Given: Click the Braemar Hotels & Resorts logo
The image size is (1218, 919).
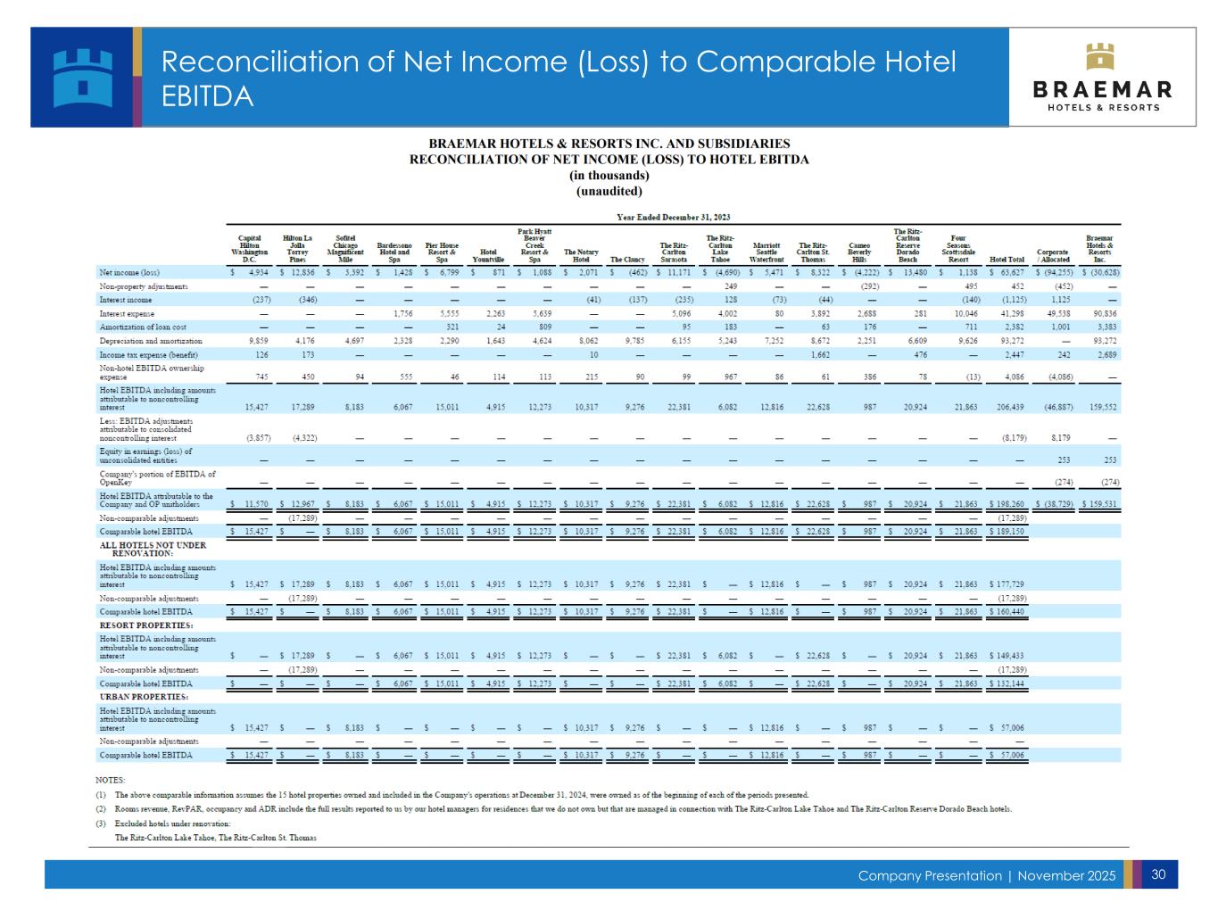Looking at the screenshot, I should coord(1103,78).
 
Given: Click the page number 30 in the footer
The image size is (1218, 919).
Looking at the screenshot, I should coord(1159,874).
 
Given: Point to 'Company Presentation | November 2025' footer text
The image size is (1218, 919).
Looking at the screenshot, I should coord(986,876).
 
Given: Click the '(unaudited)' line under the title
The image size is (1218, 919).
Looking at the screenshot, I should coord(609,191).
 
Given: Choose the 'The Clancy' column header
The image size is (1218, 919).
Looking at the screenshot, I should coord(627,260).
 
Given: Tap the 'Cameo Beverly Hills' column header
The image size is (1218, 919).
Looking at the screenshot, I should coord(859,253).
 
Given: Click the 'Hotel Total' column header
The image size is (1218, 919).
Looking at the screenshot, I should coord(1007,260).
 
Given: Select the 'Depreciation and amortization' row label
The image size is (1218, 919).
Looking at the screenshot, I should coord(151,341).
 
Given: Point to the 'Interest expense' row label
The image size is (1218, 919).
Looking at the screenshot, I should coord(127,314).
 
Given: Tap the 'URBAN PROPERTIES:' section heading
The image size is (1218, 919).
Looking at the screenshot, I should coord(144,696).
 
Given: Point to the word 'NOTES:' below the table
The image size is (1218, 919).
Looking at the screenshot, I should coord(111,780).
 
